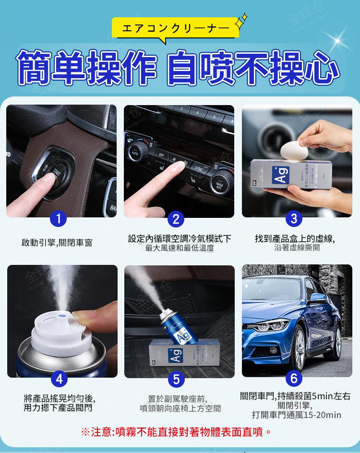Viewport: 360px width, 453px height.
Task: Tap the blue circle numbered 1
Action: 58,219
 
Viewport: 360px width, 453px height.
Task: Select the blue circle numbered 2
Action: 176,219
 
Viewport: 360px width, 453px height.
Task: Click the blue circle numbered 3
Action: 294,219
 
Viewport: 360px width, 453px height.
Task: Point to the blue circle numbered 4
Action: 59,379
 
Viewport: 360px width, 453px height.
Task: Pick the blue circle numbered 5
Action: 176,380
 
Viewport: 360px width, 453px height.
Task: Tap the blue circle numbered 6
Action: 294,379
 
